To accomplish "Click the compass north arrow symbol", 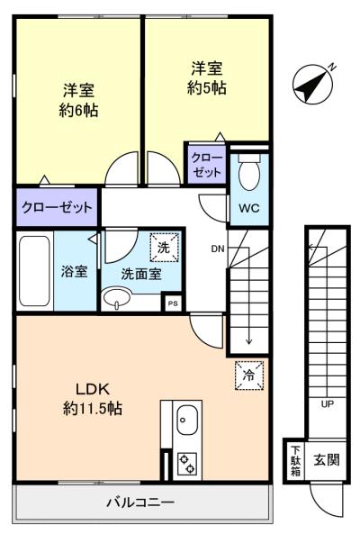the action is [x=312, y=84].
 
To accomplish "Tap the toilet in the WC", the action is [x=249, y=171].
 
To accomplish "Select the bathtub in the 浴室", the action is [x=34, y=271].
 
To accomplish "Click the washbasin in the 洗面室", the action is [x=117, y=298].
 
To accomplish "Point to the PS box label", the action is [x=173, y=303].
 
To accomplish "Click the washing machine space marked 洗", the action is [x=165, y=248].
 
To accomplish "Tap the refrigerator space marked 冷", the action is [x=249, y=375].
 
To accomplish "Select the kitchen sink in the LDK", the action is [x=187, y=420].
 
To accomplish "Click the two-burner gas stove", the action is [x=187, y=464].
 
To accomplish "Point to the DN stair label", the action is [x=218, y=249].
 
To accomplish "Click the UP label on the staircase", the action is [x=327, y=404].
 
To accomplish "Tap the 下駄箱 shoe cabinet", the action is [x=295, y=461].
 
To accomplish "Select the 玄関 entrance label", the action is [x=327, y=460].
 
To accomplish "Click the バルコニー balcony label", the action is [x=140, y=502].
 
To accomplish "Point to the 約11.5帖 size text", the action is [x=93, y=408].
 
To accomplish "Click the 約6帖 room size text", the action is [x=78, y=111].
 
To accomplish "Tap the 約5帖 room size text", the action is [x=206, y=88].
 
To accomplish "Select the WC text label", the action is [x=249, y=208].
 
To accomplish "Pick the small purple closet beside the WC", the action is [x=206, y=165].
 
